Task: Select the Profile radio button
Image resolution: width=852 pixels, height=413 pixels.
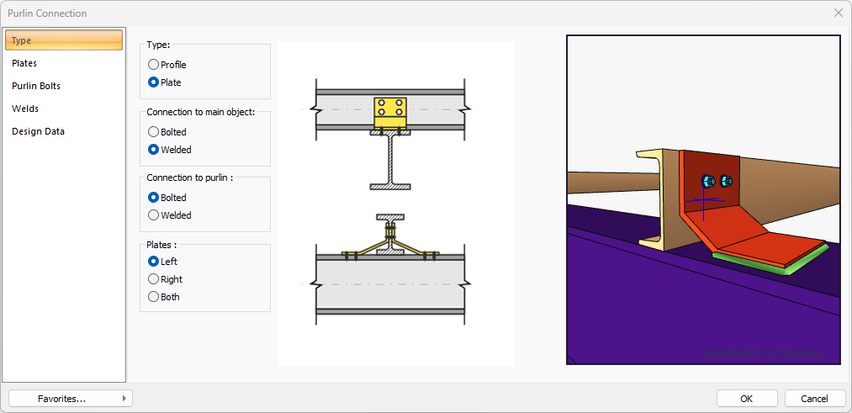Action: tap(153, 65)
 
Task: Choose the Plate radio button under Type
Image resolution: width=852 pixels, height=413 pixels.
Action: tap(153, 82)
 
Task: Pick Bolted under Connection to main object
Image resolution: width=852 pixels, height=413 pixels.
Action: tap(153, 132)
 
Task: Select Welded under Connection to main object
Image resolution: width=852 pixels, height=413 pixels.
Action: tap(153, 150)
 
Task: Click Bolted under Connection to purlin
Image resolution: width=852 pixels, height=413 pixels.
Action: tap(153, 198)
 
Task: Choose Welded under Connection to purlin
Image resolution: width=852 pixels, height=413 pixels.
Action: tap(153, 215)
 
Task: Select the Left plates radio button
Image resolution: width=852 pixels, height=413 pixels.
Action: tap(153, 262)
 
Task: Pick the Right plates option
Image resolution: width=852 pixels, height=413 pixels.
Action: tap(153, 279)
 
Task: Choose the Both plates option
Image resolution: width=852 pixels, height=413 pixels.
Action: tap(153, 297)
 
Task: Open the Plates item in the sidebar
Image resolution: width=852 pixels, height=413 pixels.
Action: tap(24, 63)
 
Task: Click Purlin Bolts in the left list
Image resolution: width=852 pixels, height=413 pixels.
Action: tap(36, 86)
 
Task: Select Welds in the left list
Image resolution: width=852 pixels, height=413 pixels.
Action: tap(25, 109)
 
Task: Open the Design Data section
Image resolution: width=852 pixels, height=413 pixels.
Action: tap(38, 131)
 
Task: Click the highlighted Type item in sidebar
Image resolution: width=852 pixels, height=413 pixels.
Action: tap(64, 40)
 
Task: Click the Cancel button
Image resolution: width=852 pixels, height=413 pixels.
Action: tap(814, 398)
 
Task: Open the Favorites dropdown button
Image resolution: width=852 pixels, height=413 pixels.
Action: tap(70, 398)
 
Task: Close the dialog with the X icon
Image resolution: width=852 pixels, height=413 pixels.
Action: tap(838, 13)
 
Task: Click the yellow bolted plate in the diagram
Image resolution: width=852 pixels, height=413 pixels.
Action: tap(389, 112)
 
